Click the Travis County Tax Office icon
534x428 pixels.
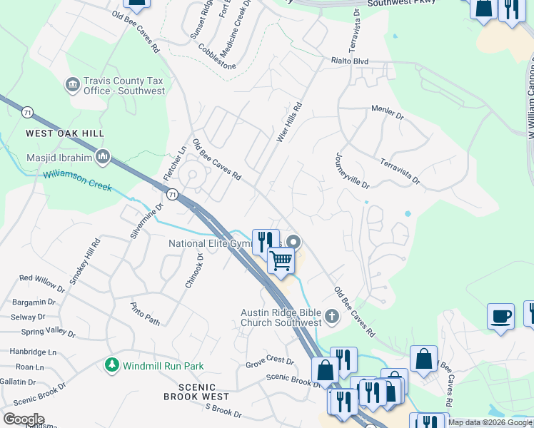72,86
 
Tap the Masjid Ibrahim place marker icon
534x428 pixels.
103,156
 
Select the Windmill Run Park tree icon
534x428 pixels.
111,365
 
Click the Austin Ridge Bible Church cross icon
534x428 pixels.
331,315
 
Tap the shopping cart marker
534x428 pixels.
281,261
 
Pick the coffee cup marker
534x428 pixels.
500,316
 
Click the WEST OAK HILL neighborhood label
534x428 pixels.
65,133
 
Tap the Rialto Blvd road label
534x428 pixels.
349,61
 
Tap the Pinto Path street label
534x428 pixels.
145,313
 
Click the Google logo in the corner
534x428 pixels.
24,419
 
